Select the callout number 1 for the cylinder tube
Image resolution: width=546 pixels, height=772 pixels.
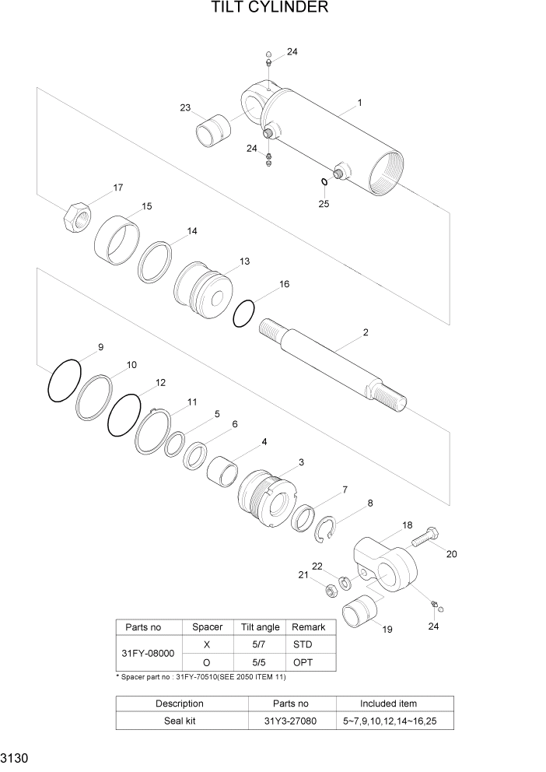[x=360, y=102]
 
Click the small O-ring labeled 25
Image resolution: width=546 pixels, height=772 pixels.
[x=323, y=182]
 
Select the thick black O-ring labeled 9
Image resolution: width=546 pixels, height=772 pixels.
[x=64, y=381]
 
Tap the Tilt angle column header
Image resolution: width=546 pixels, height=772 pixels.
[x=261, y=627]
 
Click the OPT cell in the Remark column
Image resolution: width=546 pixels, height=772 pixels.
[x=303, y=662]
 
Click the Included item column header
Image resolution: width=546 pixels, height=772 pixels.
[x=388, y=704]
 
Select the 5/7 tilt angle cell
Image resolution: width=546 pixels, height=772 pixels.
[x=261, y=644]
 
